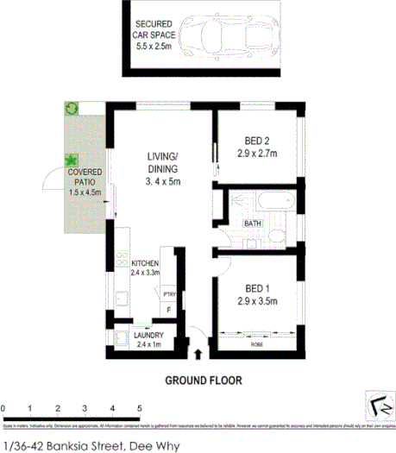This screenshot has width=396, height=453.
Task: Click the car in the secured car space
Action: [x=230, y=36]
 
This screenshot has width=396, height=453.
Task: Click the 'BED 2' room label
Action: [x=255, y=149]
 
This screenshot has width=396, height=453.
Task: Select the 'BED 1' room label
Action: [x=255, y=294]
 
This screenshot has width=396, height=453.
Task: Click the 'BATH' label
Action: [x=253, y=223]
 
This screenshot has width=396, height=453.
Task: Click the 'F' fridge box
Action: [x=169, y=310]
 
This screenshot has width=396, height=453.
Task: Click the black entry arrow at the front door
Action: [x=199, y=353]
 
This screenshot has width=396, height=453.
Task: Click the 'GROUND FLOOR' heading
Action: [x=203, y=379]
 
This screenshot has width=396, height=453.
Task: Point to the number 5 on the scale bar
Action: [x=140, y=408]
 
